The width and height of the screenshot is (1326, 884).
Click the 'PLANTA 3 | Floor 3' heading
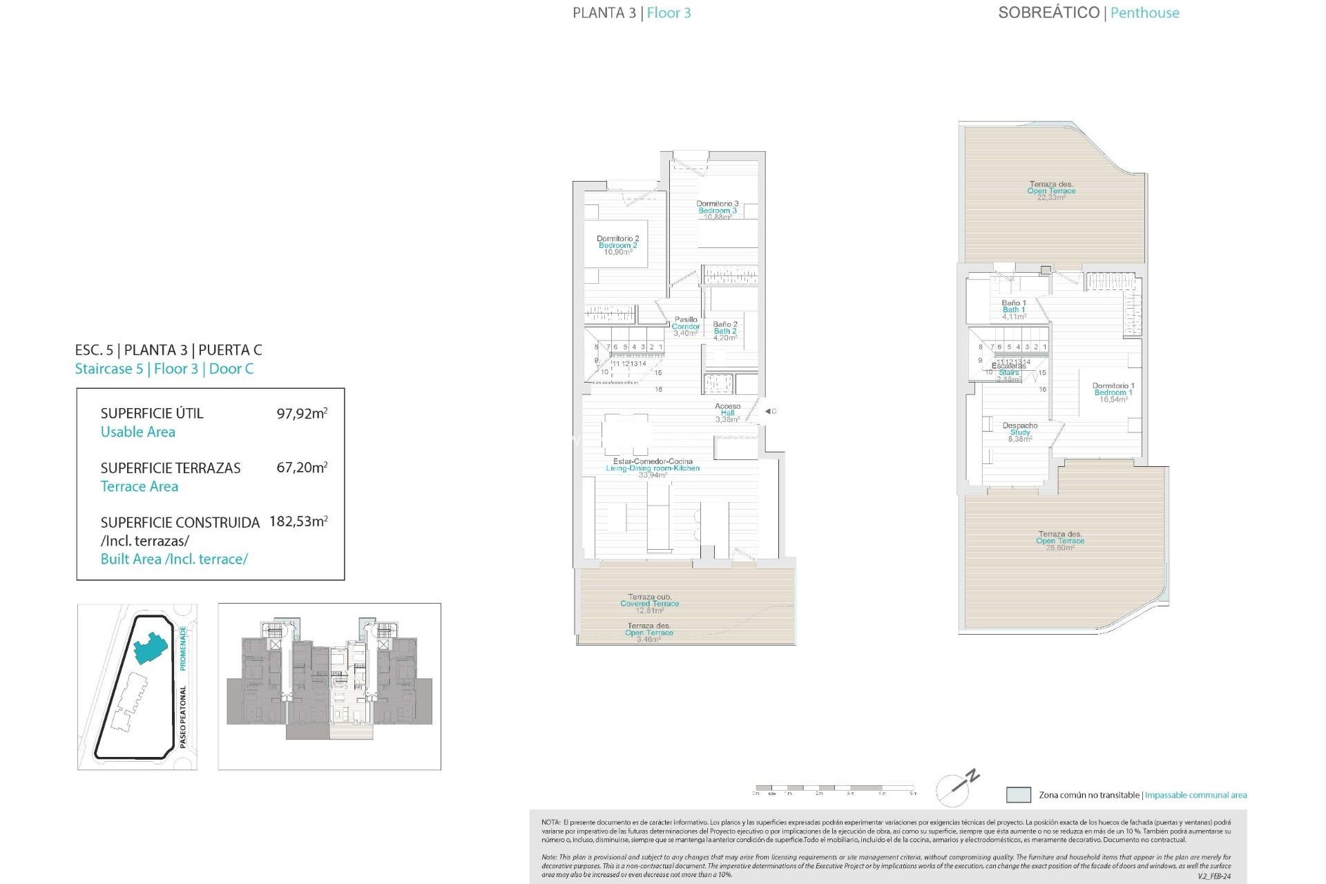click(631, 13)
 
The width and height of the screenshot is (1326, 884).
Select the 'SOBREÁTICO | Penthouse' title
click(1088, 13)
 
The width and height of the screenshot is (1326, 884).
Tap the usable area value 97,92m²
click(302, 414)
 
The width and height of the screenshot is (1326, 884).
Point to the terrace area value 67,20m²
click(302, 468)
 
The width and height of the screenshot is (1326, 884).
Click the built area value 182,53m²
click(298, 521)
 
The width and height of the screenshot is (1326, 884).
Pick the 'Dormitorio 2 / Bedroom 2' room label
click(617, 245)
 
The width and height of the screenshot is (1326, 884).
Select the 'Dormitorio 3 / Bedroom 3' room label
click(717, 210)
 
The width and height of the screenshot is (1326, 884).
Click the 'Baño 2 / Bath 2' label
click(724, 331)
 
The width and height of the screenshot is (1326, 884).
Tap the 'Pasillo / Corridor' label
click(686, 326)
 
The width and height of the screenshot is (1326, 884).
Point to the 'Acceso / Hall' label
click(727, 412)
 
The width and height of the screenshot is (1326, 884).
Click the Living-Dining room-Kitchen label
click(653, 468)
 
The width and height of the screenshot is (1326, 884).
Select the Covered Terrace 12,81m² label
click(649, 603)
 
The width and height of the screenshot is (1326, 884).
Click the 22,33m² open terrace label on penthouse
click(1050, 191)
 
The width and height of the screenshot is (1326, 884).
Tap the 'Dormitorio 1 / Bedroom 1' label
click(1113, 392)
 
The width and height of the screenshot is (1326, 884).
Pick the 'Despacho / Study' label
click(1019, 432)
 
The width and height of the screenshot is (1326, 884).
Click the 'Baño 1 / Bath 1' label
click(1014, 309)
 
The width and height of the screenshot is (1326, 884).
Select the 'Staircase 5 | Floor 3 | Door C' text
click(164, 369)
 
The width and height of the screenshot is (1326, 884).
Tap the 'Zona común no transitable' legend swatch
click(1018, 795)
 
